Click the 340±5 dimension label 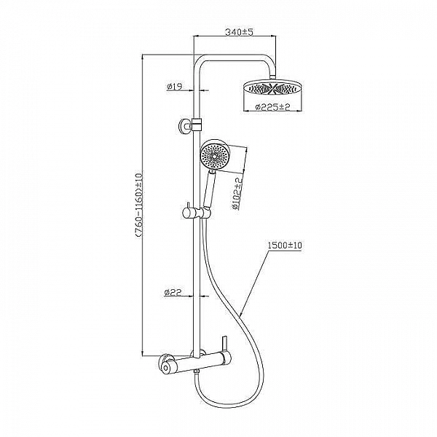tap(239, 32)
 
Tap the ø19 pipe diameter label tap(174, 87)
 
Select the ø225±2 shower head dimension tap(273, 107)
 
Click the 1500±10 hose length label tap(285, 245)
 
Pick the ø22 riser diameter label tap(173, 292)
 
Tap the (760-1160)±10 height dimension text tap(139, 206)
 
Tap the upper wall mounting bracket tap(190, 125)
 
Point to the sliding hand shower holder tap(196, 213)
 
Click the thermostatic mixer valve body tap(197, 363)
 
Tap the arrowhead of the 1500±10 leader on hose tap(240, 315)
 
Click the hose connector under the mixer tap(197, 371)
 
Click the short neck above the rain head tap(273, 77)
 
